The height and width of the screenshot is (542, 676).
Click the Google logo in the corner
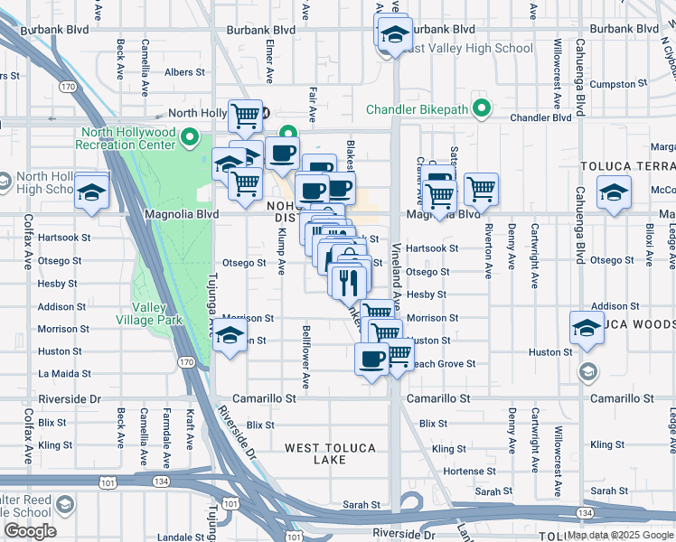(30, 532)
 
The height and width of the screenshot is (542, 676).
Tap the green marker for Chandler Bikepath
(484, 109)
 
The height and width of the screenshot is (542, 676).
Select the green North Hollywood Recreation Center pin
(190, 138)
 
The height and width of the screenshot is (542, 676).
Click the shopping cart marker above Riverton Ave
(481, 190)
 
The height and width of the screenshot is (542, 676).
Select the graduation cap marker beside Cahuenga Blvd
(614, 193)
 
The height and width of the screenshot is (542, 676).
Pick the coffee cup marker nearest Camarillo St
(371, 360)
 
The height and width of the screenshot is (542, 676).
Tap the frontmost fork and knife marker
(347, 282)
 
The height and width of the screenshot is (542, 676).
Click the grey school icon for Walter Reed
(64, 504)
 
